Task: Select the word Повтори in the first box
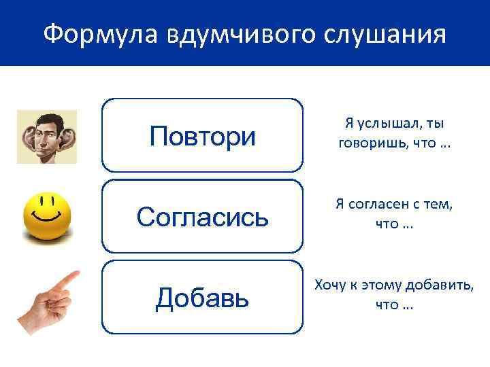202,137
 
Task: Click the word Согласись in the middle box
202,217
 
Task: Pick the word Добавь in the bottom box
202,297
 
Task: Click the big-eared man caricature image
47,137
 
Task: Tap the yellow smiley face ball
47,216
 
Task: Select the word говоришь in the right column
367,144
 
